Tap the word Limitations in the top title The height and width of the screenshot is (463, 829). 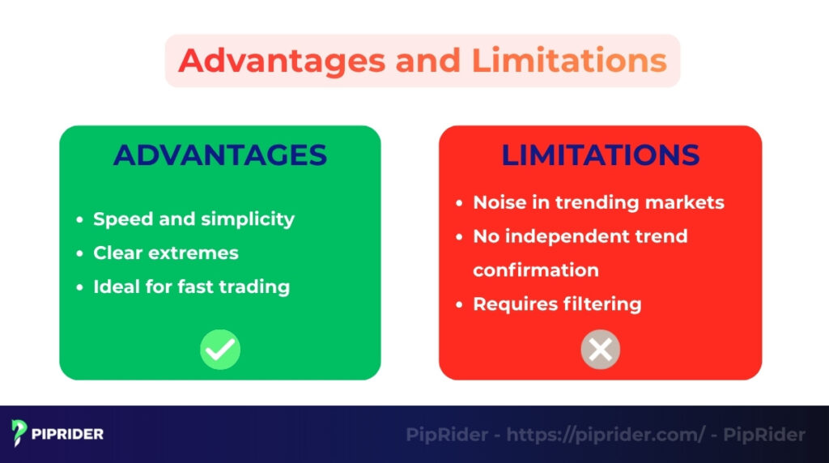pyautogui.click(x=564, y=61)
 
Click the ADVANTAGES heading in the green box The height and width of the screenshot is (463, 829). pyautogui.click(x=219, y=155)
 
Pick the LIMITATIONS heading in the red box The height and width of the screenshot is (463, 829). pyautogui.click(x=600, y=155)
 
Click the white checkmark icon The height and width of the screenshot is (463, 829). pyautogui.click(x=220, y=350)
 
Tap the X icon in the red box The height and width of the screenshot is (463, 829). pyautogui.click(x=600, y=350)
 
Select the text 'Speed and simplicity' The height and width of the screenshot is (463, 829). pyautogui.click(x=193, y=219)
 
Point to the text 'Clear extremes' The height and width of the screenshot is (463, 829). pyautogui.click(x=166, y=253)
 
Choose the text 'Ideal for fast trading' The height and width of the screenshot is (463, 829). pyautogui.click(x=191, y=287)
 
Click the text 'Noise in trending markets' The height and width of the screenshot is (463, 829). pyautogui.click(x=598, y=202)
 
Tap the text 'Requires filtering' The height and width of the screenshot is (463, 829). pyautogui.click(x=557, y=304)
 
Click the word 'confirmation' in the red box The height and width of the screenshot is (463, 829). pyautogui.click(x=536, y=270)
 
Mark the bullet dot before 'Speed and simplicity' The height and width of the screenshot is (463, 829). pyautogui.click(x=79, y=220)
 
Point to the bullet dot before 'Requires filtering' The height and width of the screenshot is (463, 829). pyautogui.click(x=459, y=305)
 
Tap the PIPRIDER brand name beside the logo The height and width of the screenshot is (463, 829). pyautogui.click(x=67, y=435)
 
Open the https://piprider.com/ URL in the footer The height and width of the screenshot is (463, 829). pyautogui.click(x=606, y=435)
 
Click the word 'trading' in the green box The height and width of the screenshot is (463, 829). pyautogui.click(x=257, y=287)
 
